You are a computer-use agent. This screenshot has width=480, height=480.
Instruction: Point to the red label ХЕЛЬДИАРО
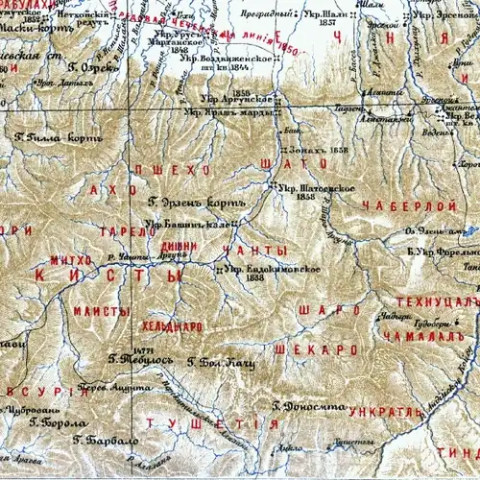click(x=171, y=326)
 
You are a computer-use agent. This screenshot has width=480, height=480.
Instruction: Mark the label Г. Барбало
click(x=107, y=441)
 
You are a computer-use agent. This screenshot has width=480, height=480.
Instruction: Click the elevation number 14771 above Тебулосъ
click(x=121, y=350)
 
